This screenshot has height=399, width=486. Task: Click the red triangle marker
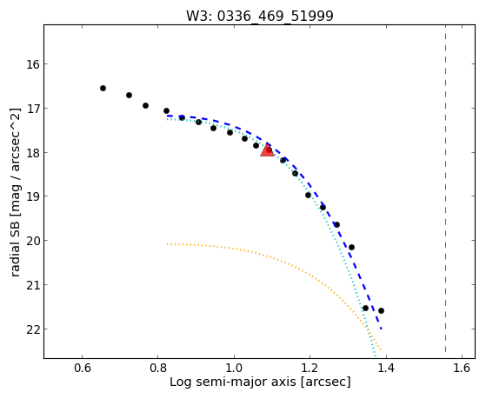click(x=267, y=150)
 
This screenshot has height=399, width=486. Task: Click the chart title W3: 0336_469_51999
click(x=260, y=17)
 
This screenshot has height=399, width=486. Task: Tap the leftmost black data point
click(x=103, y=89)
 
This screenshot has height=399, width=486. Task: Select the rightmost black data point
click(x=382, y=310)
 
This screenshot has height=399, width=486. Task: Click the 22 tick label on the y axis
click(x=33, y=329)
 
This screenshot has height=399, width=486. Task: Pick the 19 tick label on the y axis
click(x=33, y=196)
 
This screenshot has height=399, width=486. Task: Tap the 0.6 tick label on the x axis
click(x=82, y=368)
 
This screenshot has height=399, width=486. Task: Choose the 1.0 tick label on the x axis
click(x=234, y=368)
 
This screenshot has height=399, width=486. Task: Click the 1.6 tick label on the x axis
click(x=462, y=368)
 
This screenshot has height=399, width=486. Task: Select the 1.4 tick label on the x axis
click(x=386, y=368)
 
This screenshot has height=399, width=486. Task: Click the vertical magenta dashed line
click(x=446, y=189)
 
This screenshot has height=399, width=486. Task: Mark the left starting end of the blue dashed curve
click(x=168, y=116)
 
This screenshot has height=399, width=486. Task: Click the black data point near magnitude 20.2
click(x=351, y=247)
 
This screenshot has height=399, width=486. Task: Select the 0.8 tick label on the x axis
click(x=158, y=368)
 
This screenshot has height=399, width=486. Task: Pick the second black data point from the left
click(x=129, y=95)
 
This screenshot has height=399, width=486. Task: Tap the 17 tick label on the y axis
click(x=33, y=109)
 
